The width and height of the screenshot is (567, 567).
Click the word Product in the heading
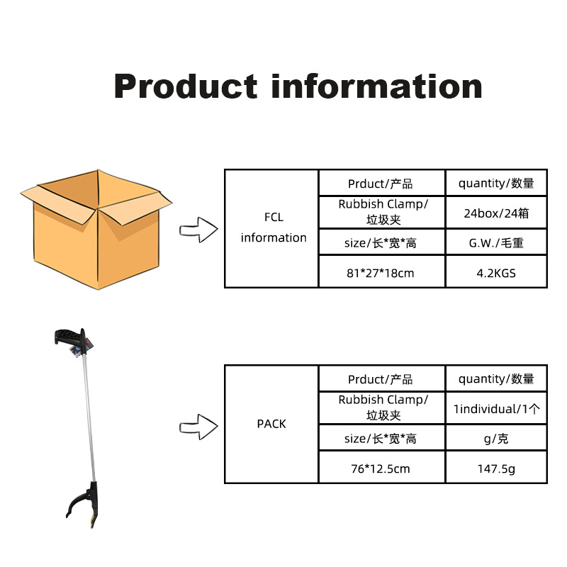(x=186, y=86)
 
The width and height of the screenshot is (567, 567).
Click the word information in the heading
(x=377, y=86)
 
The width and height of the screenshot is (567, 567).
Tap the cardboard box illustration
(x=96, y=229)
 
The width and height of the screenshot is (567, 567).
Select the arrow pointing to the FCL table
(x=198, y=230)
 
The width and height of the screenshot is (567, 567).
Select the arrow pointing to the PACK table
(x=198, y=427)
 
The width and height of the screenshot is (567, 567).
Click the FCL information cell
(x=271, y=228)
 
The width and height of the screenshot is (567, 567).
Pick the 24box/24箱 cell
(x=496, y=213)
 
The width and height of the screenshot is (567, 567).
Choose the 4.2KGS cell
(x=496, y=271)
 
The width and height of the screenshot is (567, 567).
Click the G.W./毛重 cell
(x=496, y=242)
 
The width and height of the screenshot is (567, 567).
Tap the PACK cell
(x=271, y=424)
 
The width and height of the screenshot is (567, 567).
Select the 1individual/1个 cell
(x=496, y=408)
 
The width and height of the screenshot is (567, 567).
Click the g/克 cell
(x=496, y=437)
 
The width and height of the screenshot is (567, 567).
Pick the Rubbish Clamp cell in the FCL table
(x=382, y=213)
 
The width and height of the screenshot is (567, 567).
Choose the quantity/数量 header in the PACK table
(x=496, y=378)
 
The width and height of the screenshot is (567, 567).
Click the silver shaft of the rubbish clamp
(x=89, y=418)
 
